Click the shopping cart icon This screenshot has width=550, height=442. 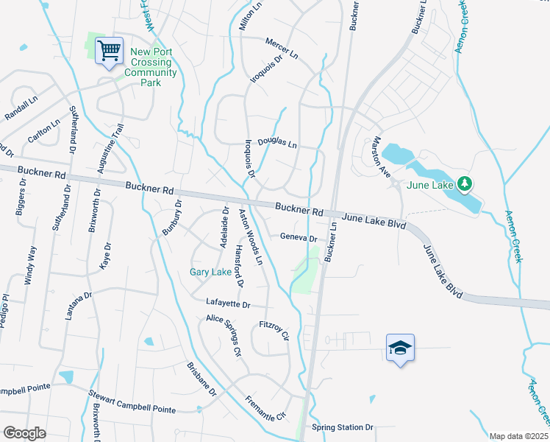pos(110,51)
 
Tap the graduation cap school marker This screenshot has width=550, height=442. pos(400,348)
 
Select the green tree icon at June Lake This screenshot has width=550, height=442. pos(464,183)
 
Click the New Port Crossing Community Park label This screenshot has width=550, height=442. pos(153,67)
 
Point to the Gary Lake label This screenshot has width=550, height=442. pos(210,272)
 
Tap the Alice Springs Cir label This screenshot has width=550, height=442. pos(224,334)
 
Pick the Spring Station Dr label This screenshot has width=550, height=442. pos(343,427)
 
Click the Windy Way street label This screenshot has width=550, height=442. pos(30,263)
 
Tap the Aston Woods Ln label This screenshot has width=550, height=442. pos(250,236)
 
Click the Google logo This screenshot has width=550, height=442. pos(24,432)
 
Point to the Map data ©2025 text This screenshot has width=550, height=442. pos(518,436)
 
